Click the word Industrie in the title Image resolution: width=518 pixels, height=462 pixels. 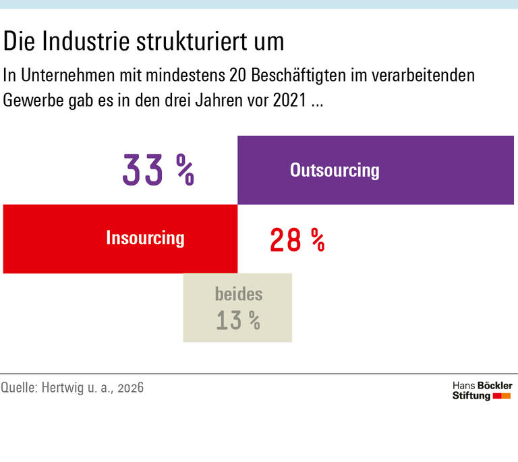coord(84,42)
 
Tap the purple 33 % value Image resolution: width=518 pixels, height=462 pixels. coord(158,170)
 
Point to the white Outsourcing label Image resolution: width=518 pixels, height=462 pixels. coord(335,170)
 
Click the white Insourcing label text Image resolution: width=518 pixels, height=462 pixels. coord(145,238)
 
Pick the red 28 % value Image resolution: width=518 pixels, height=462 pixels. coord(297,239)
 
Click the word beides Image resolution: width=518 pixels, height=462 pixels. coord(238,294)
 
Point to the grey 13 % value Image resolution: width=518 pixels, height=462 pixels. coord(238,320)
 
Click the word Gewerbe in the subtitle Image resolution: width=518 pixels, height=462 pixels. coord(32,102)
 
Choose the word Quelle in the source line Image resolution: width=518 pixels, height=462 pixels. coord(20,388)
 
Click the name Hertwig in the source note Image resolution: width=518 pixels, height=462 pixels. coord(67,388)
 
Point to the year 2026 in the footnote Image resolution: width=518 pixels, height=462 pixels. coord(130,388)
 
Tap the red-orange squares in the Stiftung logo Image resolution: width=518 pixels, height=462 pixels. coord(502,396)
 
